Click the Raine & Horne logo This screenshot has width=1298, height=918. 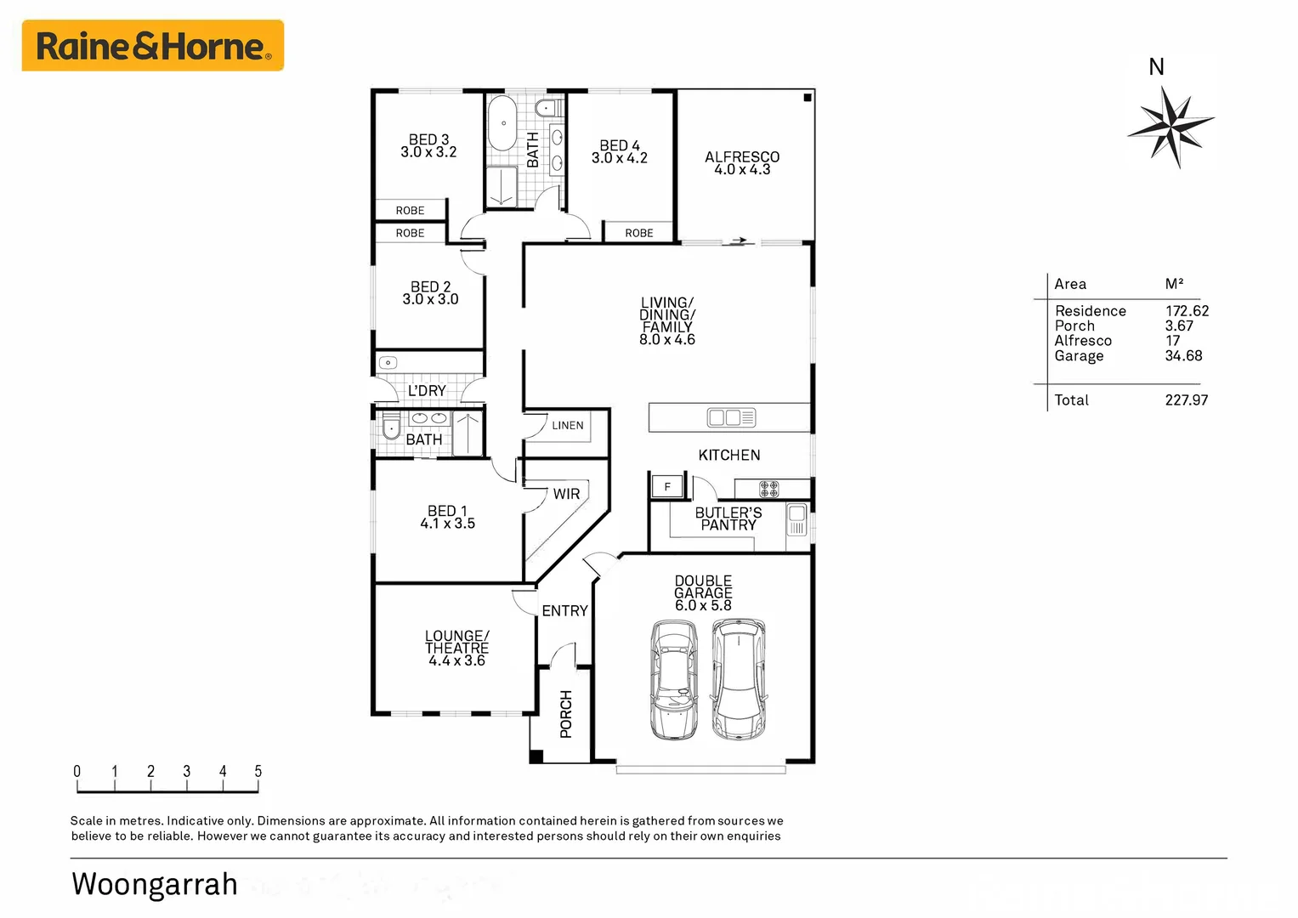pyautogui.click(x=153, y=46)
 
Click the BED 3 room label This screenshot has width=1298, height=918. pyautogui.click(x=428, y=145)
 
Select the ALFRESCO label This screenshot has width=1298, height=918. pyautogui.click(x=741, y=157)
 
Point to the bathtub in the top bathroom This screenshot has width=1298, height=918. pyautogui.click(x=502, y=123)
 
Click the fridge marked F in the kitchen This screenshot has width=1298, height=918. pyautogui.click(x=667, y=487)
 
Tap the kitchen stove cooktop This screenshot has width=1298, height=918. pyautogui.click(x=768, y=489)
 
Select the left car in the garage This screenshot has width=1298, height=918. pyautogui.click(x=674, y=679)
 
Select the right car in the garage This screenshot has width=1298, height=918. pyautogui.click(x=739, y=678)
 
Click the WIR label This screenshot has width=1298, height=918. pyautogui.click(x=566, y=494)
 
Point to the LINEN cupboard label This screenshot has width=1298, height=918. pyautogui.click(x=567, y=425)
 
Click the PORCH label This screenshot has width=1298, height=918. pyautogui.click(x=566, y=713)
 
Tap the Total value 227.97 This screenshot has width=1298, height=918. pyautogui.click(x=1186, y=400)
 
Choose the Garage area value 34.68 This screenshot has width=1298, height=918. pyautogui.click(x=1183, y=356)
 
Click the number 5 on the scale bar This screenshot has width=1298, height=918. pyautogui.click(x=258, y=772)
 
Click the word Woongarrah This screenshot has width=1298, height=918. pyautogui.click(x=155, y=884)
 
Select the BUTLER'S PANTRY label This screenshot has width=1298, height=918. pyautogui.click(x=728, y=518)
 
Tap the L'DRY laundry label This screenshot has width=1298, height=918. pyautogui.click(x=427, y=391)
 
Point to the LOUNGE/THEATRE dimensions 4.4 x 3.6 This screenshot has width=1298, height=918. pyautogui.click(x=456, y=660)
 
